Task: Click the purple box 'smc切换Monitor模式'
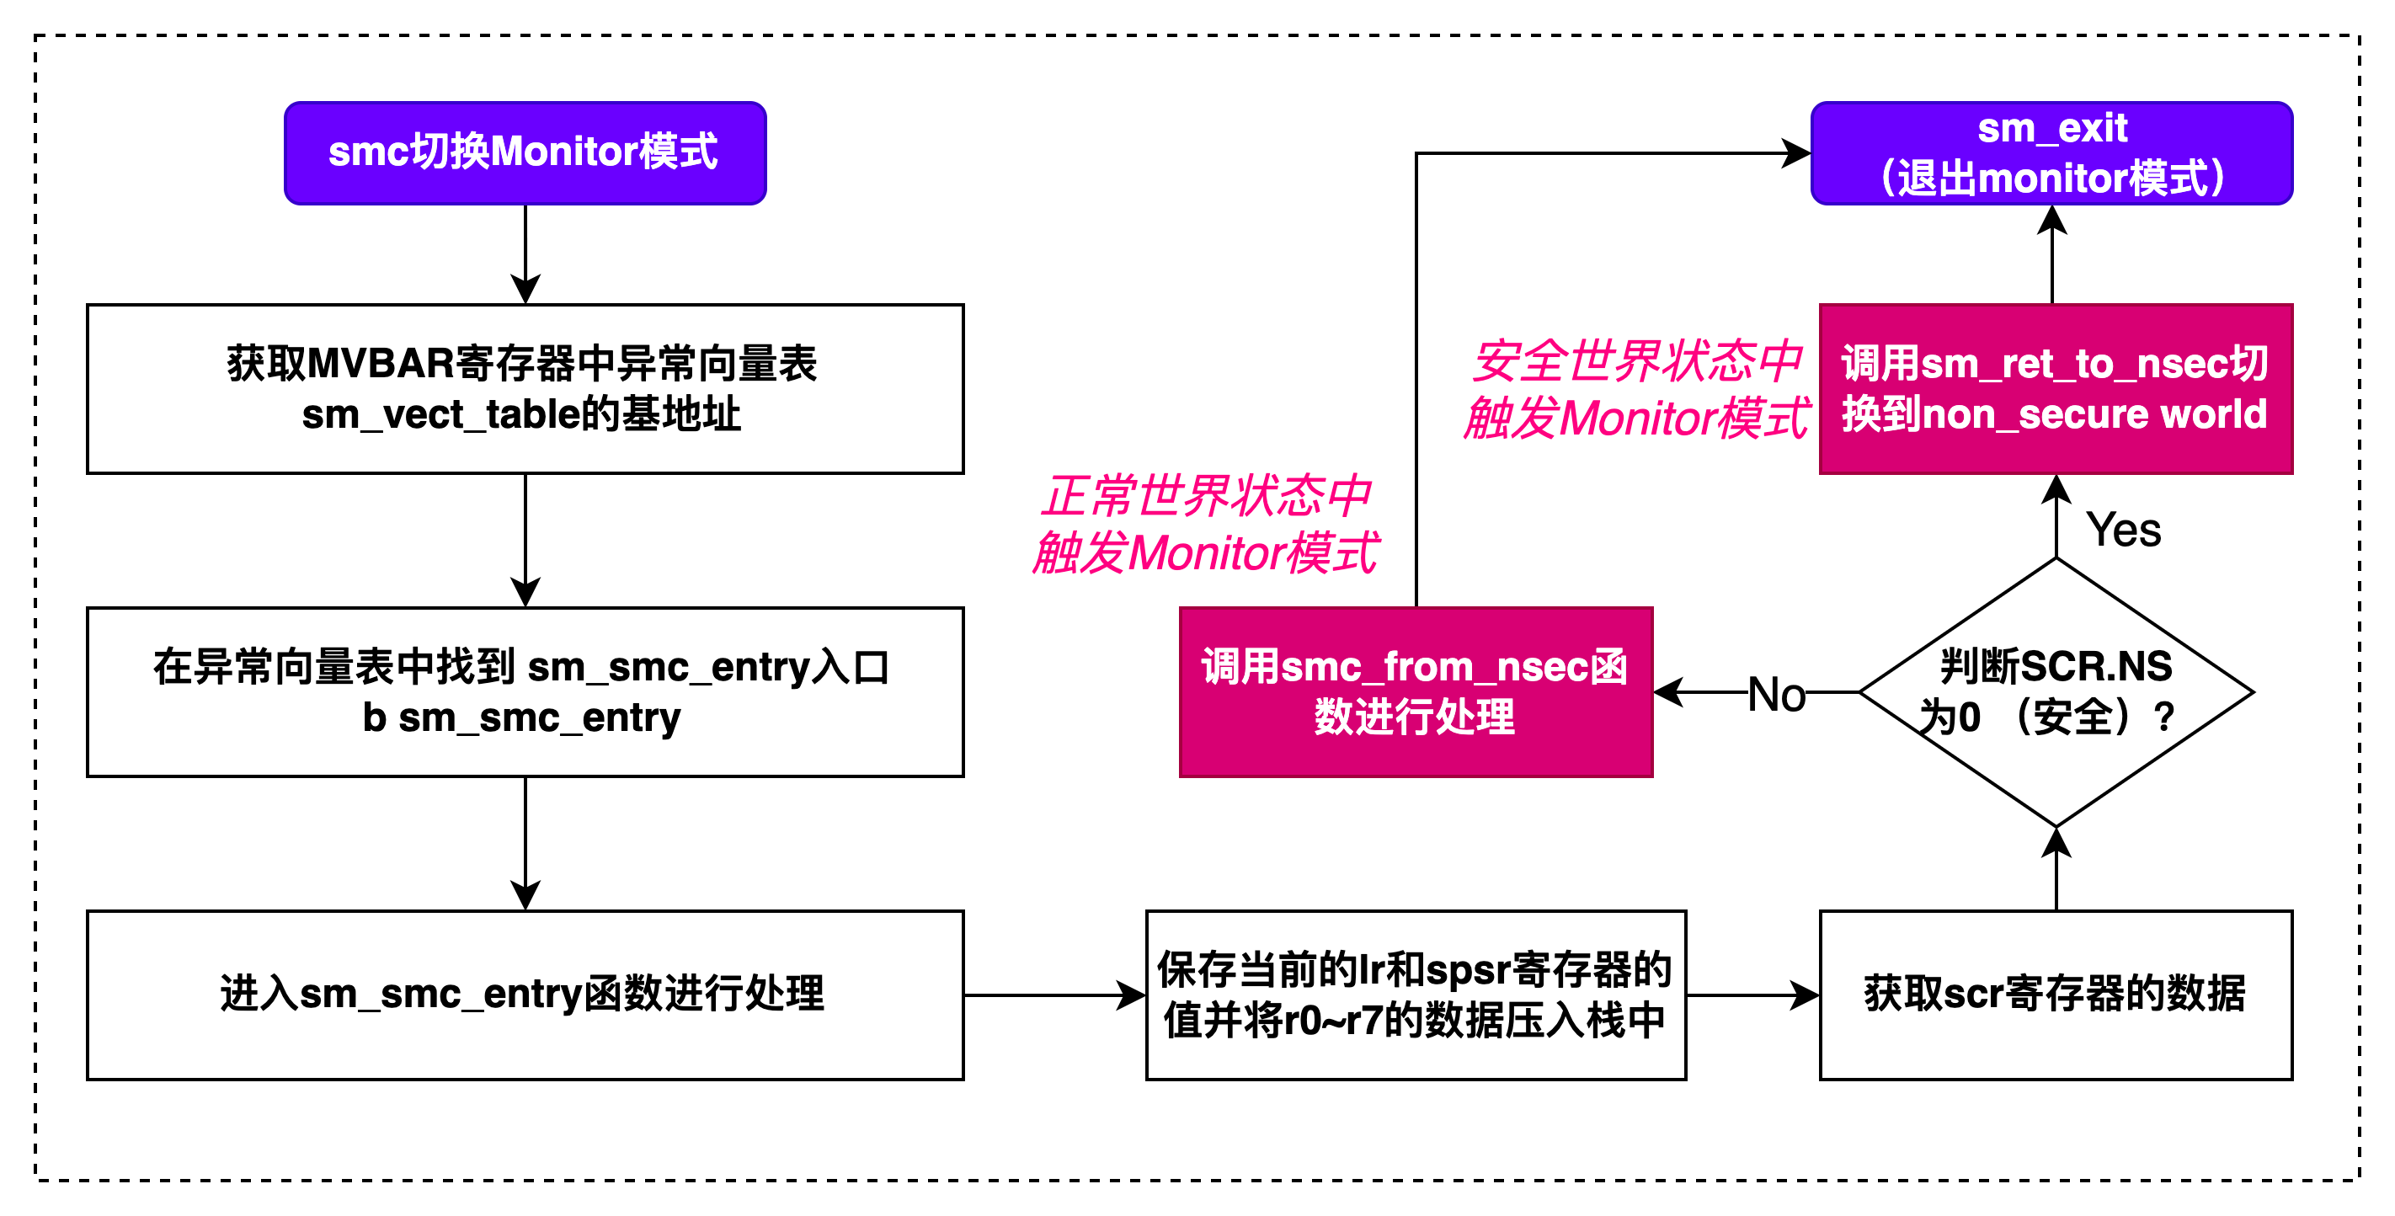pyautogui.click(x=525, y=153)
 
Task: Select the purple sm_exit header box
pyautogui.click(x=2052, y=153)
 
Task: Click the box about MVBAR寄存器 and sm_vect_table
pyautogui.click(x=525, y=388)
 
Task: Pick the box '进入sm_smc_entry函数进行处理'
pyautogui.click(x=525, y=995)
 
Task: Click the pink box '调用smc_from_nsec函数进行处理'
pyautogui.click(x=1415, y=691)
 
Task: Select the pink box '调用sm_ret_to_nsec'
pyautogui.click(x=2056, y=388)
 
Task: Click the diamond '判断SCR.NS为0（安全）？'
pyautogui.click(x=2056, y=691)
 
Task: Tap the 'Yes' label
pyautogui.click(x=2123, y=531)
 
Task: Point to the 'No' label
pyautogui.click(x=1776, y=695)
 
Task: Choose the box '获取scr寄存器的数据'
pyautogui.click(x=2056, y=995)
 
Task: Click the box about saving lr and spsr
pyautogui.click(x=1415, y=995)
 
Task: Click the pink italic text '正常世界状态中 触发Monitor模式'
pyautogui.click(x=1206, y=525)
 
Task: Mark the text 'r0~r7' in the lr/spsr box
pyautogui.click(x=1331, y=1021)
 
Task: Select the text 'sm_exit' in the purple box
pyautogui.click(x=2052, y=128)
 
